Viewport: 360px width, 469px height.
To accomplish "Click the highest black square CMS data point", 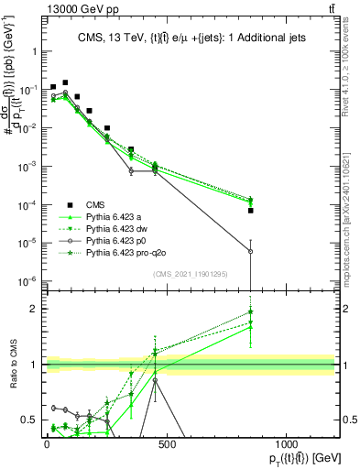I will [x=65, y=82].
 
